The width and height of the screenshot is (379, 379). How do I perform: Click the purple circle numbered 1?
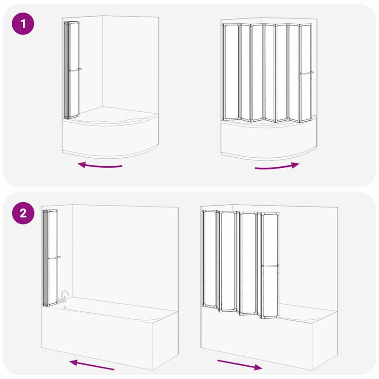tap(23, 24)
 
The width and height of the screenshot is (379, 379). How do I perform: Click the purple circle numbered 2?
tap(23, 213)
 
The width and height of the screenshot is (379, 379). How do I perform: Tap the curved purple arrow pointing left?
tap(100, 166)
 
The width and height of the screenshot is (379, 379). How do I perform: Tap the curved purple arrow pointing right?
tap(277, 167)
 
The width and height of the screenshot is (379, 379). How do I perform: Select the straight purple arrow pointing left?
tap(91, 365)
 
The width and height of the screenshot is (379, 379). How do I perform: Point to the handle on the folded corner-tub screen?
tap(75, 70)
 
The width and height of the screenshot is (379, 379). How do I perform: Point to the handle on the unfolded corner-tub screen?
tap(307, 73)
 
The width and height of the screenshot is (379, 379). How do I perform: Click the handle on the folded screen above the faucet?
tap(54, 258)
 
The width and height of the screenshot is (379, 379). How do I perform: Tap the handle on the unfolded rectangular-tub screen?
tap(270, 266)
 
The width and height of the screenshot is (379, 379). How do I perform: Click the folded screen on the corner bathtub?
tap(72, 70)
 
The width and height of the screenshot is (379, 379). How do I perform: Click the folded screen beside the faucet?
tap(51, 258)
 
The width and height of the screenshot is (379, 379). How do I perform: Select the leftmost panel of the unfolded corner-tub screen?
tap(231, 72)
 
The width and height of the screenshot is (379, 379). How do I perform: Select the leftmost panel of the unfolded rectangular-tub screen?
tap(210, 259)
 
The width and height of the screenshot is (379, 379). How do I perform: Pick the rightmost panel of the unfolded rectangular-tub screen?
tap(270, 265)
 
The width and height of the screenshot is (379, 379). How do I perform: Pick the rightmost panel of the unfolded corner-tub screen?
tap(306, 72)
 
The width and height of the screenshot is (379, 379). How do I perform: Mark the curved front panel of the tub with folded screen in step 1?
tap(110, 138)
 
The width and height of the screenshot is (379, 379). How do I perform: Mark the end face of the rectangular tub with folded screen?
tap(165, 341)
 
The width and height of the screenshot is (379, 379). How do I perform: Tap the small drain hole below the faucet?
tap(65, 307)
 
